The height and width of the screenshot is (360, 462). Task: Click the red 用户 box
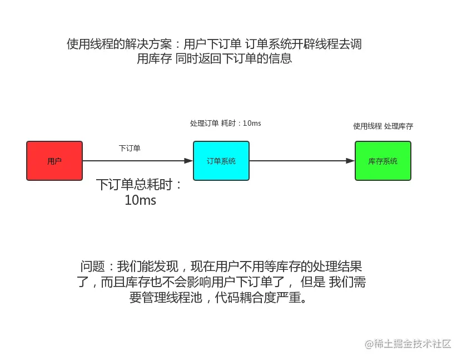(54, 161)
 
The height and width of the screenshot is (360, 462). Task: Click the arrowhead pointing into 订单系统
(189, 161)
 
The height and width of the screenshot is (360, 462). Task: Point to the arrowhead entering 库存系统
(351, 161)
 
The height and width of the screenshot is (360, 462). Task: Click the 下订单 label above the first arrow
(130, 149)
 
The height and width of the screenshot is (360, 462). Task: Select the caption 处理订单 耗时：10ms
(225, 123)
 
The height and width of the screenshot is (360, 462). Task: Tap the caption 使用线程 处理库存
(383, 126)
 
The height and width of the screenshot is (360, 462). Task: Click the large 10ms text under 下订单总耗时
(141, 200)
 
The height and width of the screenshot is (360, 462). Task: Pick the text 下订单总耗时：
(140, 185)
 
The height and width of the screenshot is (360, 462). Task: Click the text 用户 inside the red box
(54, 161)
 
